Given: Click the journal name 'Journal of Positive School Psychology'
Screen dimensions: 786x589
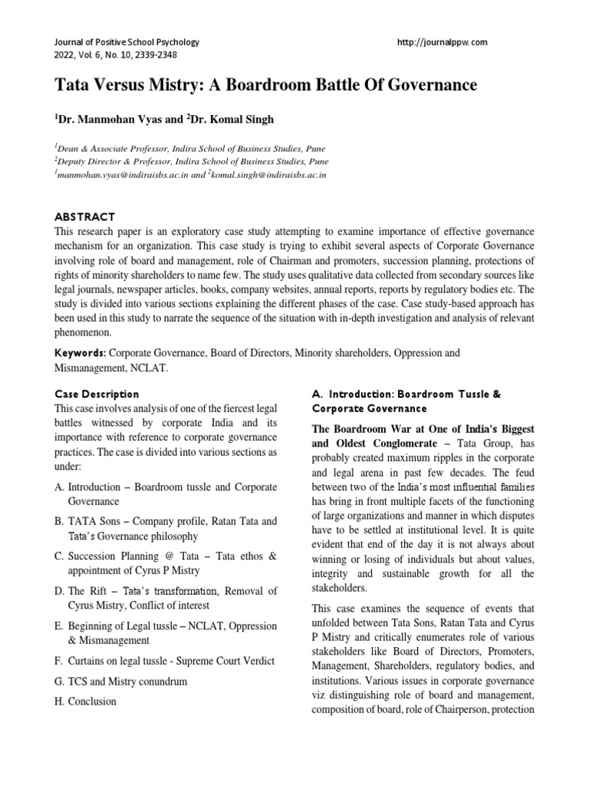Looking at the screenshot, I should pyautogui.click(x=123, y=42).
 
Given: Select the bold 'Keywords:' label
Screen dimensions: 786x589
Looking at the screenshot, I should pyautogui.click(x=81, y=353).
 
